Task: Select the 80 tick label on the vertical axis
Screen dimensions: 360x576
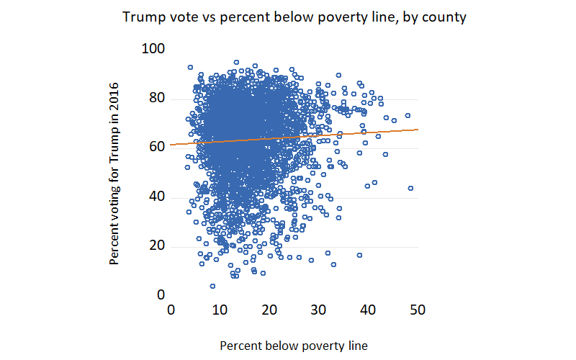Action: pos(158,98)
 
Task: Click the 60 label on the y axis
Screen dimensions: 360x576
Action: pos(158,147)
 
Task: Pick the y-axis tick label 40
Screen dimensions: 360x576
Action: pos(158,197)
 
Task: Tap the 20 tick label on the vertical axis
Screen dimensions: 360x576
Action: pos(158,246)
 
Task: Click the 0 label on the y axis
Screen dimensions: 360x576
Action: pos(161,295)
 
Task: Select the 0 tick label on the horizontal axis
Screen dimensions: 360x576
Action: pos(171,310)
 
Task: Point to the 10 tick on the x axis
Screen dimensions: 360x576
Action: pos(220,310)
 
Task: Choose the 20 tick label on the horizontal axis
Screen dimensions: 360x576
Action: pos(269,310)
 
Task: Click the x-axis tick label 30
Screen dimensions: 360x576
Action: pos(318,310)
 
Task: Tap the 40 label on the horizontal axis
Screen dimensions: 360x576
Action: pos(368,310)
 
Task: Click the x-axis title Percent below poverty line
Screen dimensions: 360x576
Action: pos(294,346)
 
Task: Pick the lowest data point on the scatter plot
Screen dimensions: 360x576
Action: pos(212,286)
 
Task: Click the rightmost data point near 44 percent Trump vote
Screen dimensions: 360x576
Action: pos(410,188)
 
